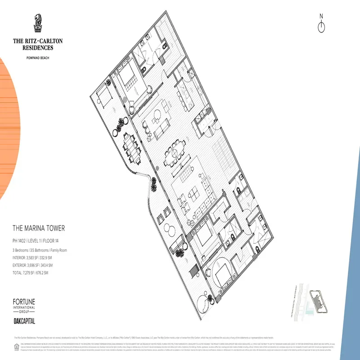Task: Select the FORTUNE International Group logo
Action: point(24,306)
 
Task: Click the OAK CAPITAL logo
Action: point(24,321)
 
